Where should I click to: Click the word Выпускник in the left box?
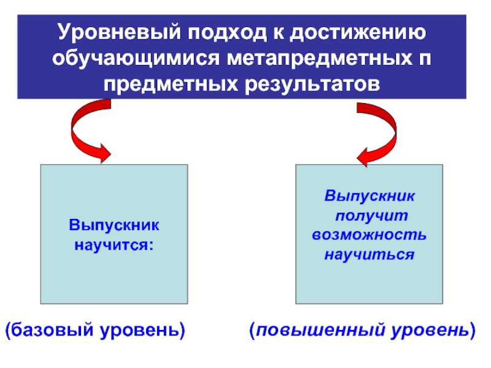pyautogui.click(x=114, y=226)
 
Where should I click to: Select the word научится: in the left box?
pyautogui.click(x=114, y=245)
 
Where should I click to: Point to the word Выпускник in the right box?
pyautogui.click(x=369, y=197)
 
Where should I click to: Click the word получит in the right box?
pyautogui.click(x=369, y=216)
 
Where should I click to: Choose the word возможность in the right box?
pyautogui.click(x=369, y=235)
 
